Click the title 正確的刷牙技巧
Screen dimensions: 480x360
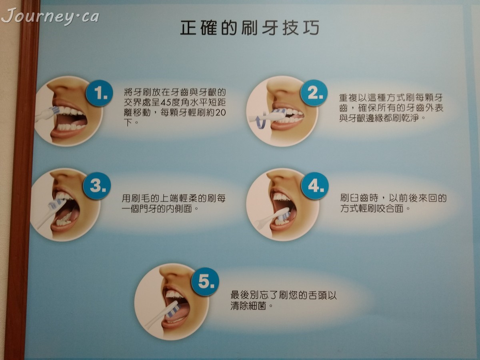pyautogui.click(x=249, y=28)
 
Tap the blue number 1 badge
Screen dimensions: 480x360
pyautogui.click(x=100, y=92)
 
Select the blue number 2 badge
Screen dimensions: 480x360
pyautogui.click(x=314, y=93)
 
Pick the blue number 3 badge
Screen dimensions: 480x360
pyautogui.click(x=97, y=186)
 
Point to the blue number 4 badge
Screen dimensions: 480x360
pyautogui.click(x=315, y=186)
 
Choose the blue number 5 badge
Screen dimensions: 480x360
pyautogui.click(x=205, y=282)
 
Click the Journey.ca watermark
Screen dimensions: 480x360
pyautogui.click(x=50, y=16)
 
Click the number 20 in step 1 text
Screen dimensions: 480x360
pyautogui.click(x=220, y=112)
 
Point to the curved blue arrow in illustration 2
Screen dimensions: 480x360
pyautogui.click(x=262, y=122)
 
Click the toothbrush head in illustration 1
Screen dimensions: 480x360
pyautogui.click(x=54, y=111)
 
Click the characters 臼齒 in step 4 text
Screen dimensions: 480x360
pyautogui.click(x=360, y=198)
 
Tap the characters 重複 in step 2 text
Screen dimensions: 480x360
pyautogui.click(x=348, y=98)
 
